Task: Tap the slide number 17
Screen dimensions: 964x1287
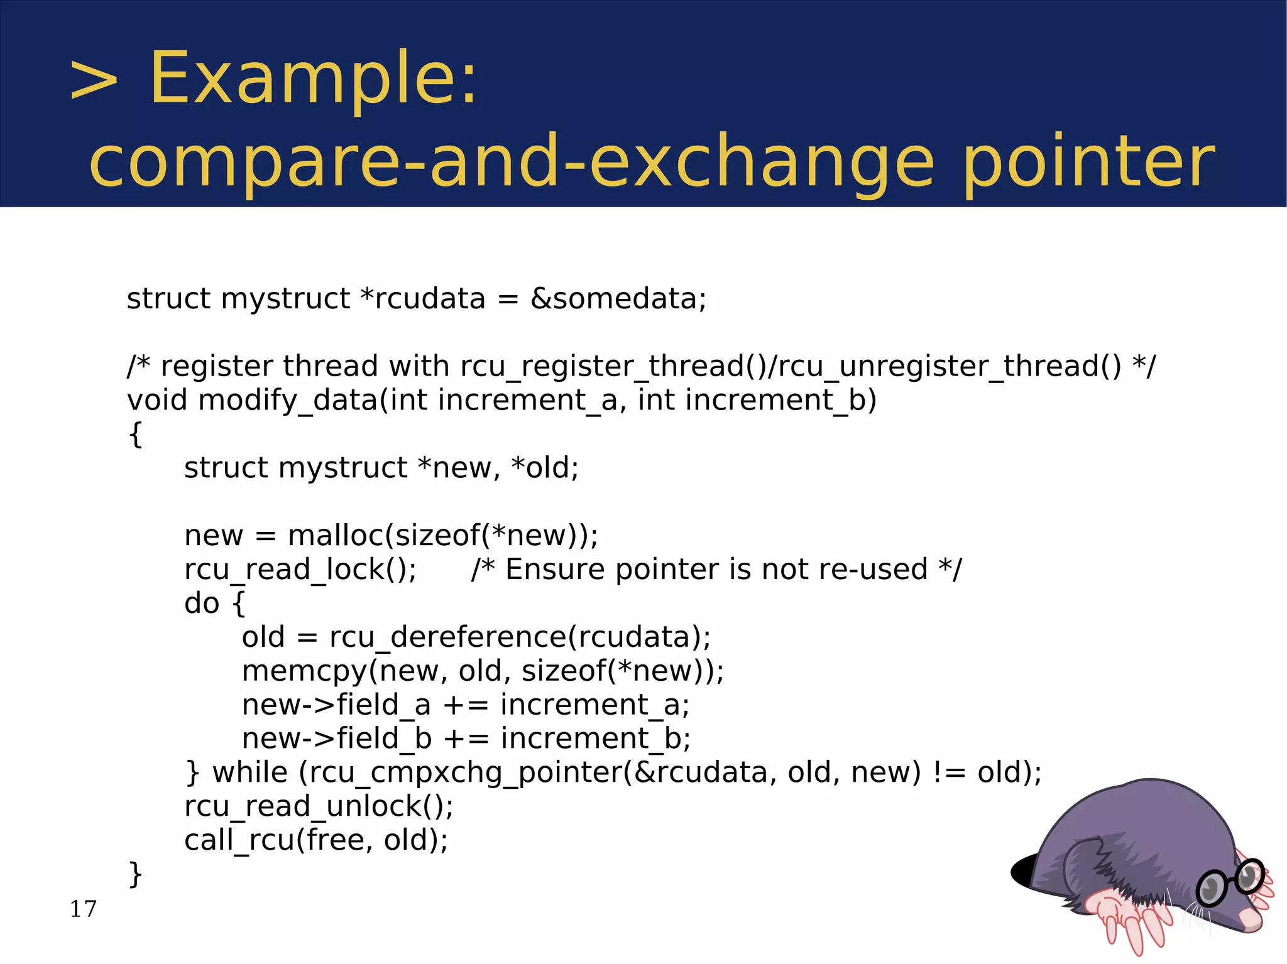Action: (x=83, y=909)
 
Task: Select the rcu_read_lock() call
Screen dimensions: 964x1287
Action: (x=300, y=570)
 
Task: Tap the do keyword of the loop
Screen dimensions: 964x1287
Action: (x=202, y=604)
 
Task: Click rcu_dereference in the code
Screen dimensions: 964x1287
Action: (x=447, y=637)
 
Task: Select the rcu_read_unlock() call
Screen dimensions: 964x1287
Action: (x=318, y=806)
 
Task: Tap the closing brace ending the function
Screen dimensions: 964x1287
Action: (x=135, y=874)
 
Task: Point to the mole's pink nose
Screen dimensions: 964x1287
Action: (x=1251, y=920)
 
